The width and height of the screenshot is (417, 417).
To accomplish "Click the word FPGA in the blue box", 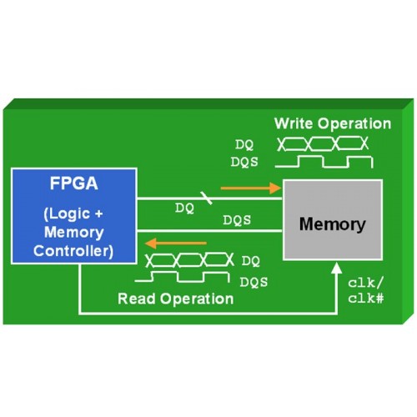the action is click(74, 183).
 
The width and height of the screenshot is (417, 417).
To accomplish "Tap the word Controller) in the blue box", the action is click(73, 251).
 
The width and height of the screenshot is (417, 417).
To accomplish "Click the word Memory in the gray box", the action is click(333, 224).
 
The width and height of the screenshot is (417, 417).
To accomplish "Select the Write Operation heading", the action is click(333, 123).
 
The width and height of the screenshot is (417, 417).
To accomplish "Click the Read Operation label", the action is click(176, 299).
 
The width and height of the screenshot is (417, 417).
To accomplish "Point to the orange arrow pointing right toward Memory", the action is click(251, 188).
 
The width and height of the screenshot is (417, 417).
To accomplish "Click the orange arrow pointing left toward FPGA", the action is click(176, 244).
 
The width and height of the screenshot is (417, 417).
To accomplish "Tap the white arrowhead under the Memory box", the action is click(337, 269).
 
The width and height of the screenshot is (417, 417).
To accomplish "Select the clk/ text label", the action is click(365, 283).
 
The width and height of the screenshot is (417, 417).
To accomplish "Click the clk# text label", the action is click(366, 299).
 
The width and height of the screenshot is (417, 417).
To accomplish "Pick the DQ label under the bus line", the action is click(184, 208).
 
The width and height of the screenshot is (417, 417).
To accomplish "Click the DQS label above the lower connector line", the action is click(237, 220).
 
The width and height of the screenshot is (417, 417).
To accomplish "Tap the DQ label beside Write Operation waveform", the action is click(244, 145).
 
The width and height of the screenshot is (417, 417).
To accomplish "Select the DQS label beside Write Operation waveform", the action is click(244, 162).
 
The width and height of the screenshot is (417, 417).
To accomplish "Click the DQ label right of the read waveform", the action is click(251, 261).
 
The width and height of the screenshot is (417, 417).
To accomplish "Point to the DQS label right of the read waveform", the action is click(254, 282).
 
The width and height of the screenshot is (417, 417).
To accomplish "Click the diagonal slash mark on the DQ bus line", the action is click(207, 198).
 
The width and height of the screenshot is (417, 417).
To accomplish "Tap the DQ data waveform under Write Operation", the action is click(323, 143).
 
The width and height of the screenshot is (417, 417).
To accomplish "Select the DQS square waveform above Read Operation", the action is click(182, 276).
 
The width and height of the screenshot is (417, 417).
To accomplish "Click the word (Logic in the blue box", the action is click(67, 214).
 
